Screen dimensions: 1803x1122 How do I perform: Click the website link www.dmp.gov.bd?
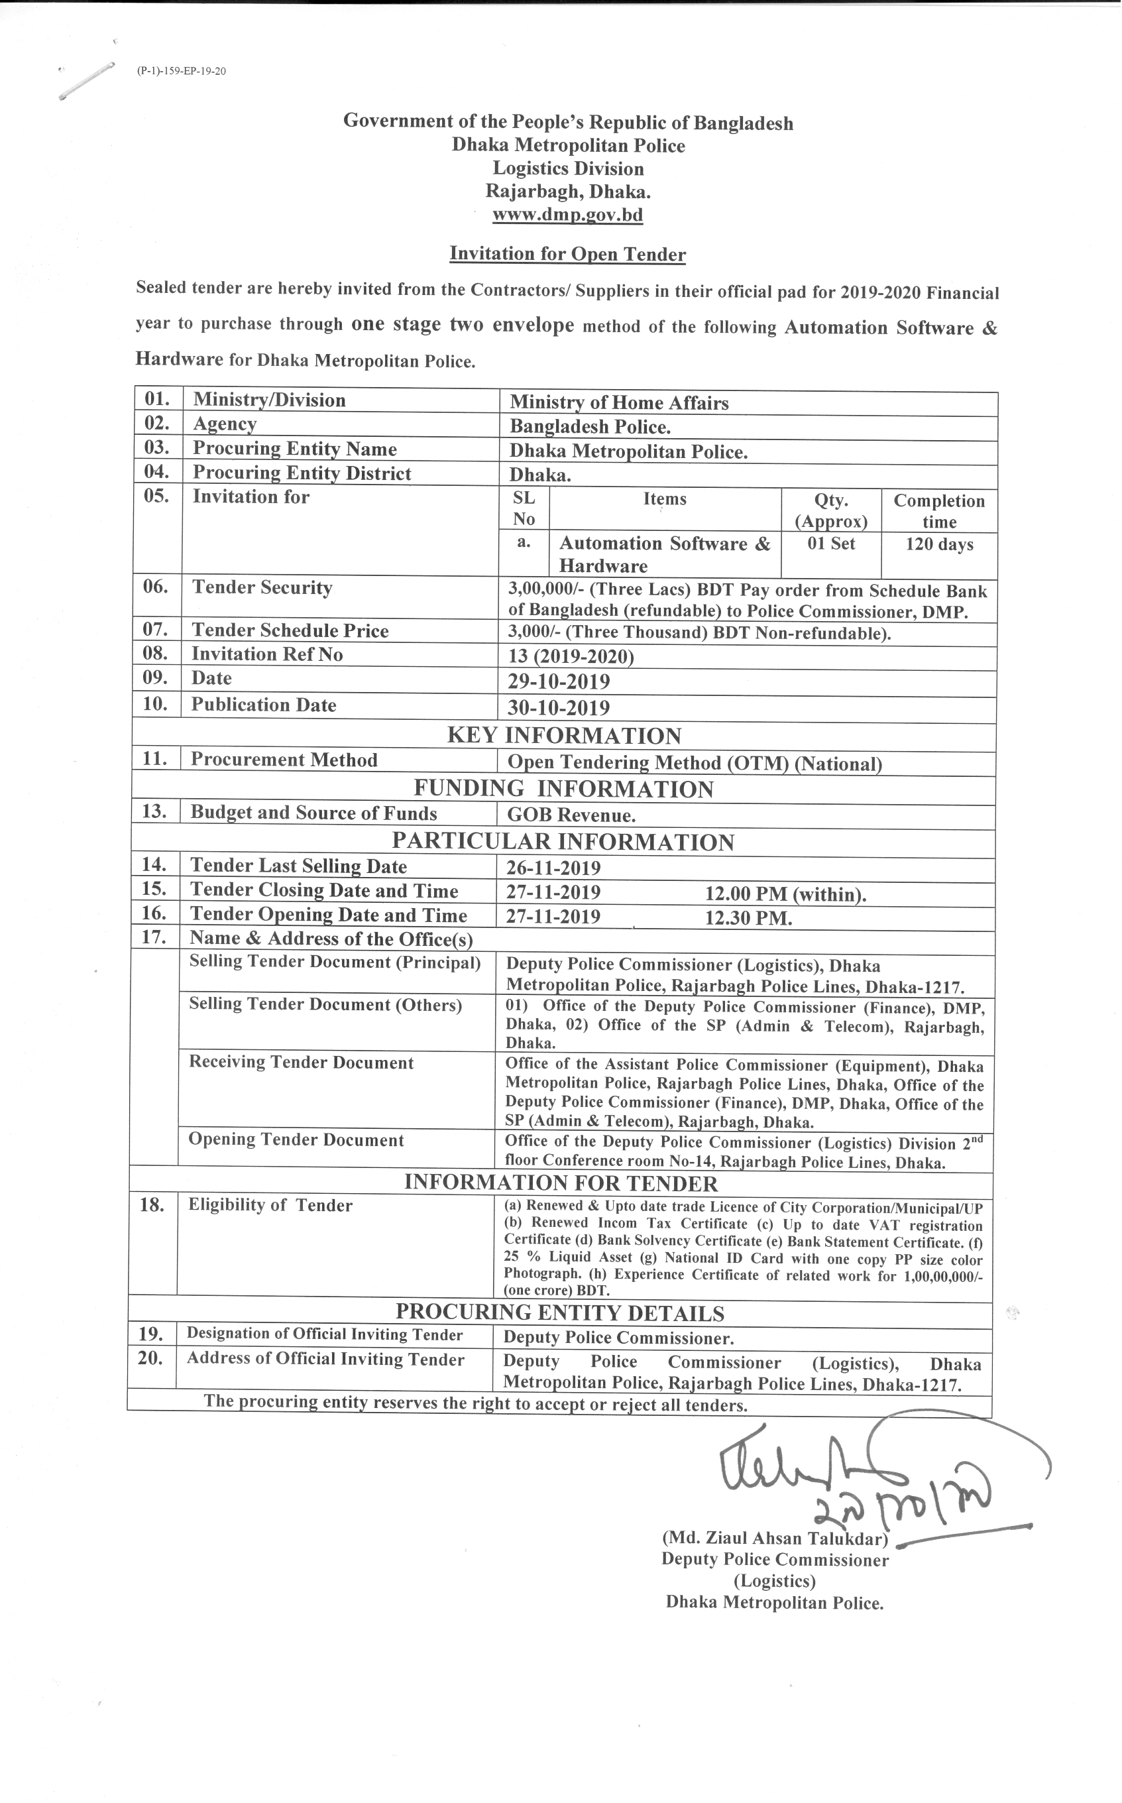[x=568, y=215]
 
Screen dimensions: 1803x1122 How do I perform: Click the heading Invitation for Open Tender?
[x=568, y=254]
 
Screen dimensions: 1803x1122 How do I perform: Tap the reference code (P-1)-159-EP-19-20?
[x=181, y=71]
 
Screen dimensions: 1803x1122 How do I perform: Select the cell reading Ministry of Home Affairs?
[x=619, y=403]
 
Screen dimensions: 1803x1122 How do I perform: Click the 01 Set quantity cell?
[x=831, y=544]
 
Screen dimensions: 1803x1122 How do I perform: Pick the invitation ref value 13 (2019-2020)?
[x=571, y=657]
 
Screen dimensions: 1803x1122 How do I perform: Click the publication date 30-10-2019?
[x=559, y=707]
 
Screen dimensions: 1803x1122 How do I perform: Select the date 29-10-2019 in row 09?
[x=559, y=681]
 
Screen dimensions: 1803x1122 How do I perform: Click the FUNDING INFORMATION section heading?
[x=564, y=789]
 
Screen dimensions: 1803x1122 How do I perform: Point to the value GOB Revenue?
[x=571, y=815]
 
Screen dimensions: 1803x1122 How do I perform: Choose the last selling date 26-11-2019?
[x=553, y=868]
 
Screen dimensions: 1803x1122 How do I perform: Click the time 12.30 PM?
[x=748, y=919]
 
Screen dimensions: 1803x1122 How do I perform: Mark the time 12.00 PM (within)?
[x=785, y=894]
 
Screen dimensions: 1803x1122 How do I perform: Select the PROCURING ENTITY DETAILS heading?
[x=560, y=1313]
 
